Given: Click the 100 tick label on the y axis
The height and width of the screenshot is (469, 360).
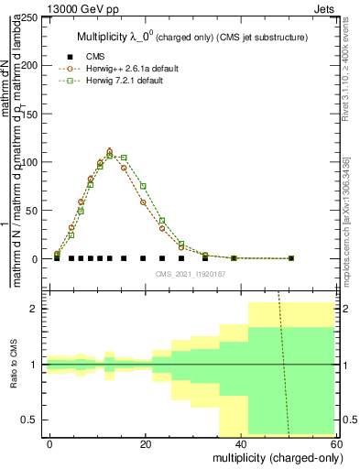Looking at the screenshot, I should point(31,162).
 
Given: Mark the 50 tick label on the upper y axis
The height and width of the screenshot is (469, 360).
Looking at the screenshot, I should point(34,211).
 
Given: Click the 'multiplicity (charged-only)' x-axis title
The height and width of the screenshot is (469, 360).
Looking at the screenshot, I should point(271,457).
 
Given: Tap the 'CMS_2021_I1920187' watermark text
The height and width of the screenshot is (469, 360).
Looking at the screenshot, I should point(191,274).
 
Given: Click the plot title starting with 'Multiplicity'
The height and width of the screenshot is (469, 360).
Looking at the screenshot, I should point(191,36).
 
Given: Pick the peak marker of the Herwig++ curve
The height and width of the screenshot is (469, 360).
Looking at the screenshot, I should point(110,151).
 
